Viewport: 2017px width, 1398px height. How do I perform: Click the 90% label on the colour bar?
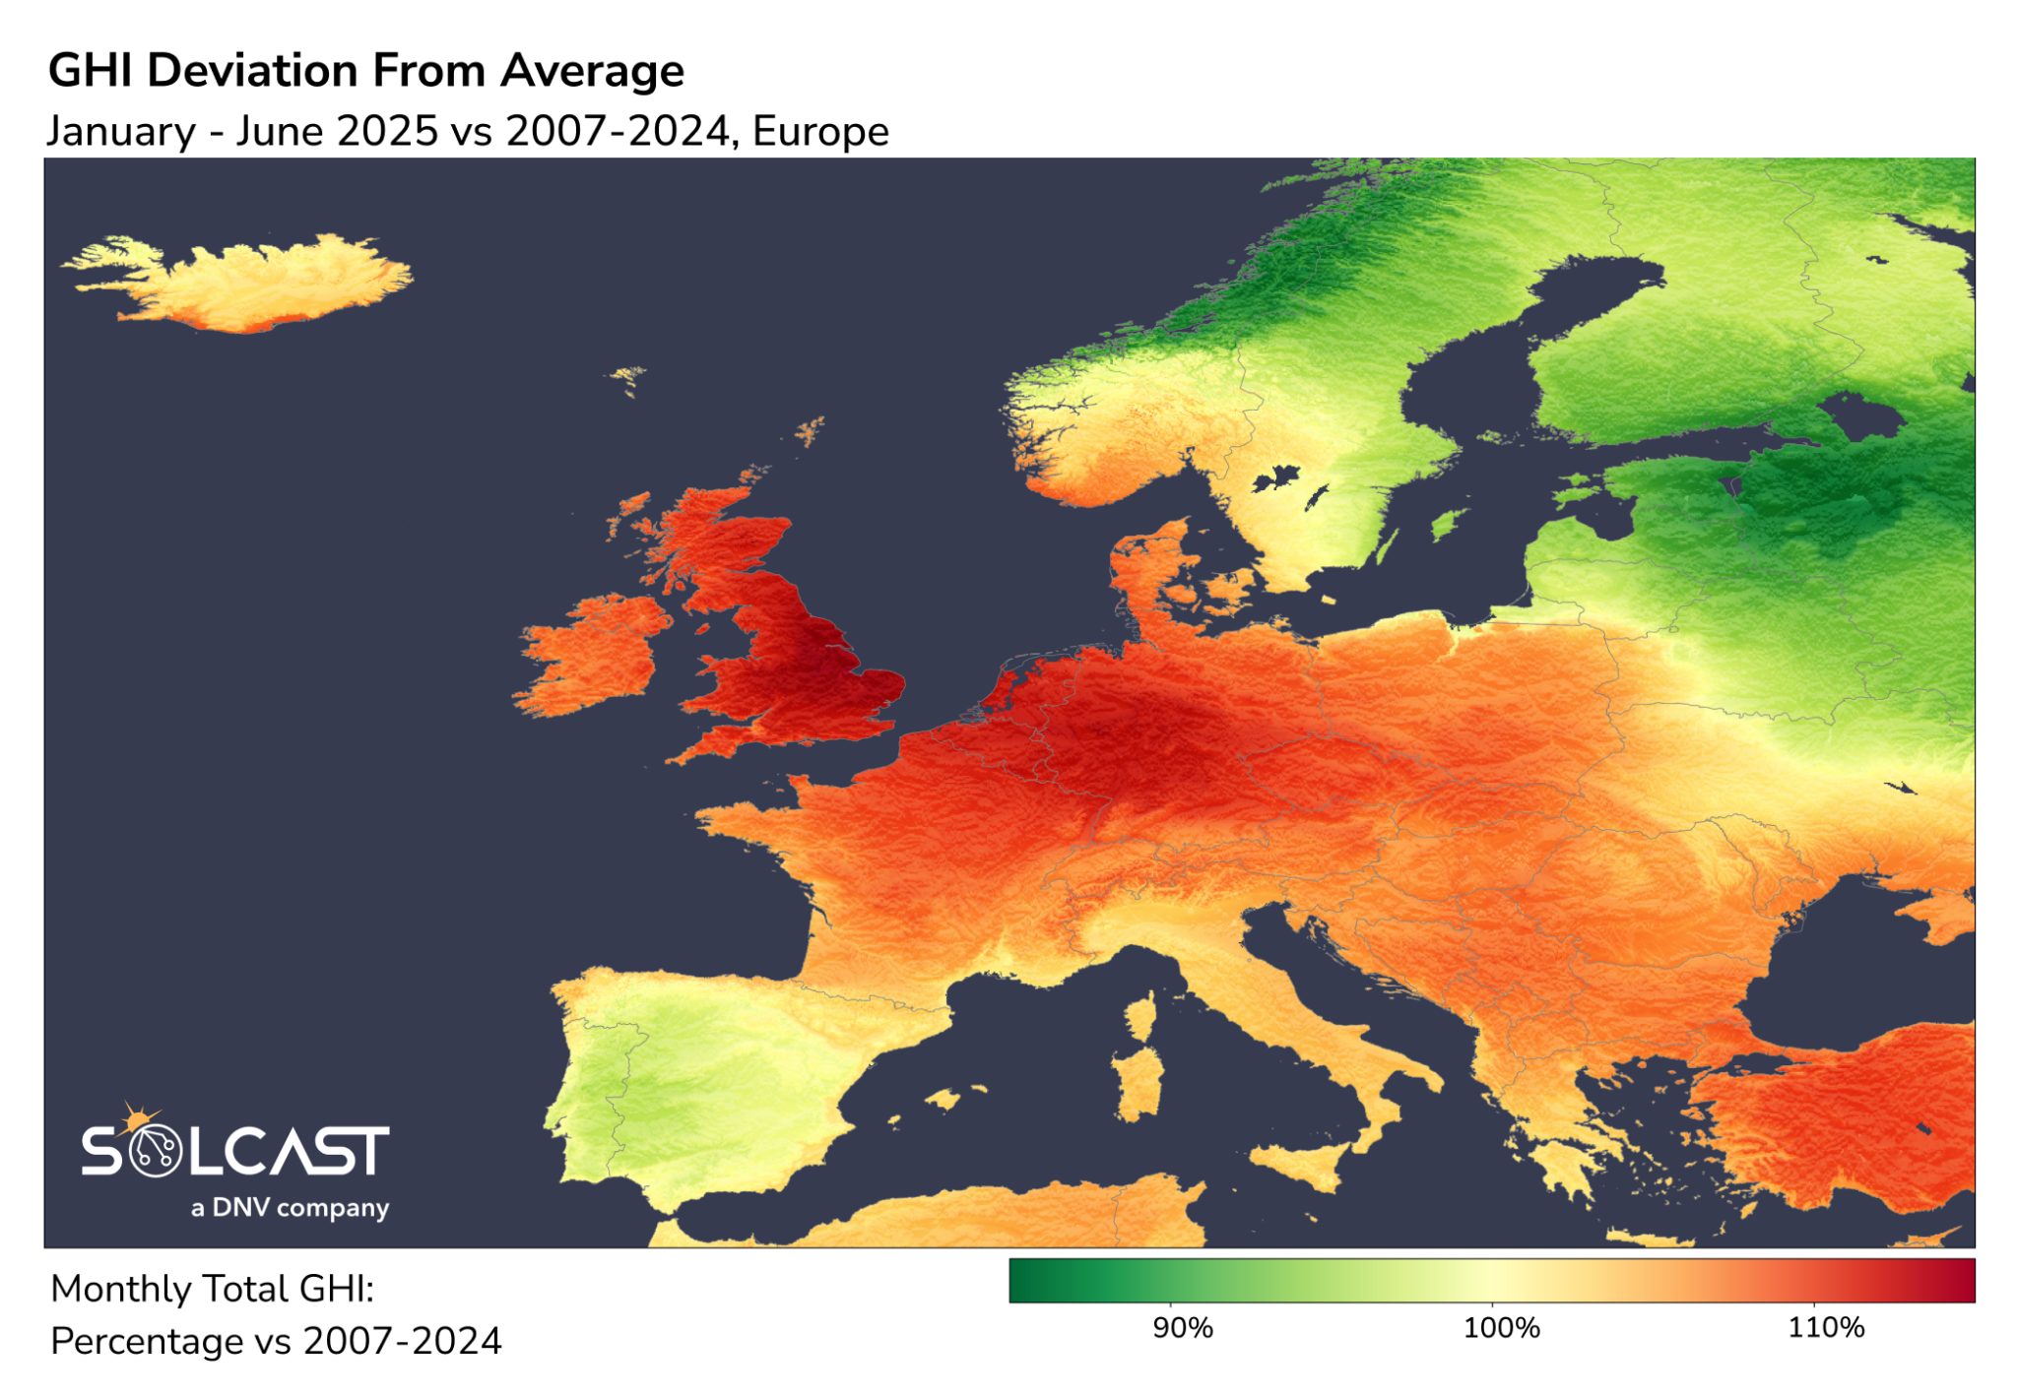1182,1328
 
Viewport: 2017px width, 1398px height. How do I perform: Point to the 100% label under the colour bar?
1501,1328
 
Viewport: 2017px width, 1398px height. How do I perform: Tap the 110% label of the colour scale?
1825,1328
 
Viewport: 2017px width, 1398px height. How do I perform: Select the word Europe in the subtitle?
820,131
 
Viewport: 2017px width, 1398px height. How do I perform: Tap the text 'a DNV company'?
290,1207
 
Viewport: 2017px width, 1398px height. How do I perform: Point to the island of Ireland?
591,655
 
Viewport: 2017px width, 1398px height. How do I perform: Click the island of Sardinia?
1139,1083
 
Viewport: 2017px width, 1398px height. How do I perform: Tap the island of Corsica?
1141,1019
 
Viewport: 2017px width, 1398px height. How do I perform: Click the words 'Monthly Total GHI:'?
212,1289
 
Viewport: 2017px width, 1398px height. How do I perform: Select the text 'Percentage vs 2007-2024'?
276,1341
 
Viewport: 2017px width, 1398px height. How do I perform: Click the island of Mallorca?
943,1098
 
